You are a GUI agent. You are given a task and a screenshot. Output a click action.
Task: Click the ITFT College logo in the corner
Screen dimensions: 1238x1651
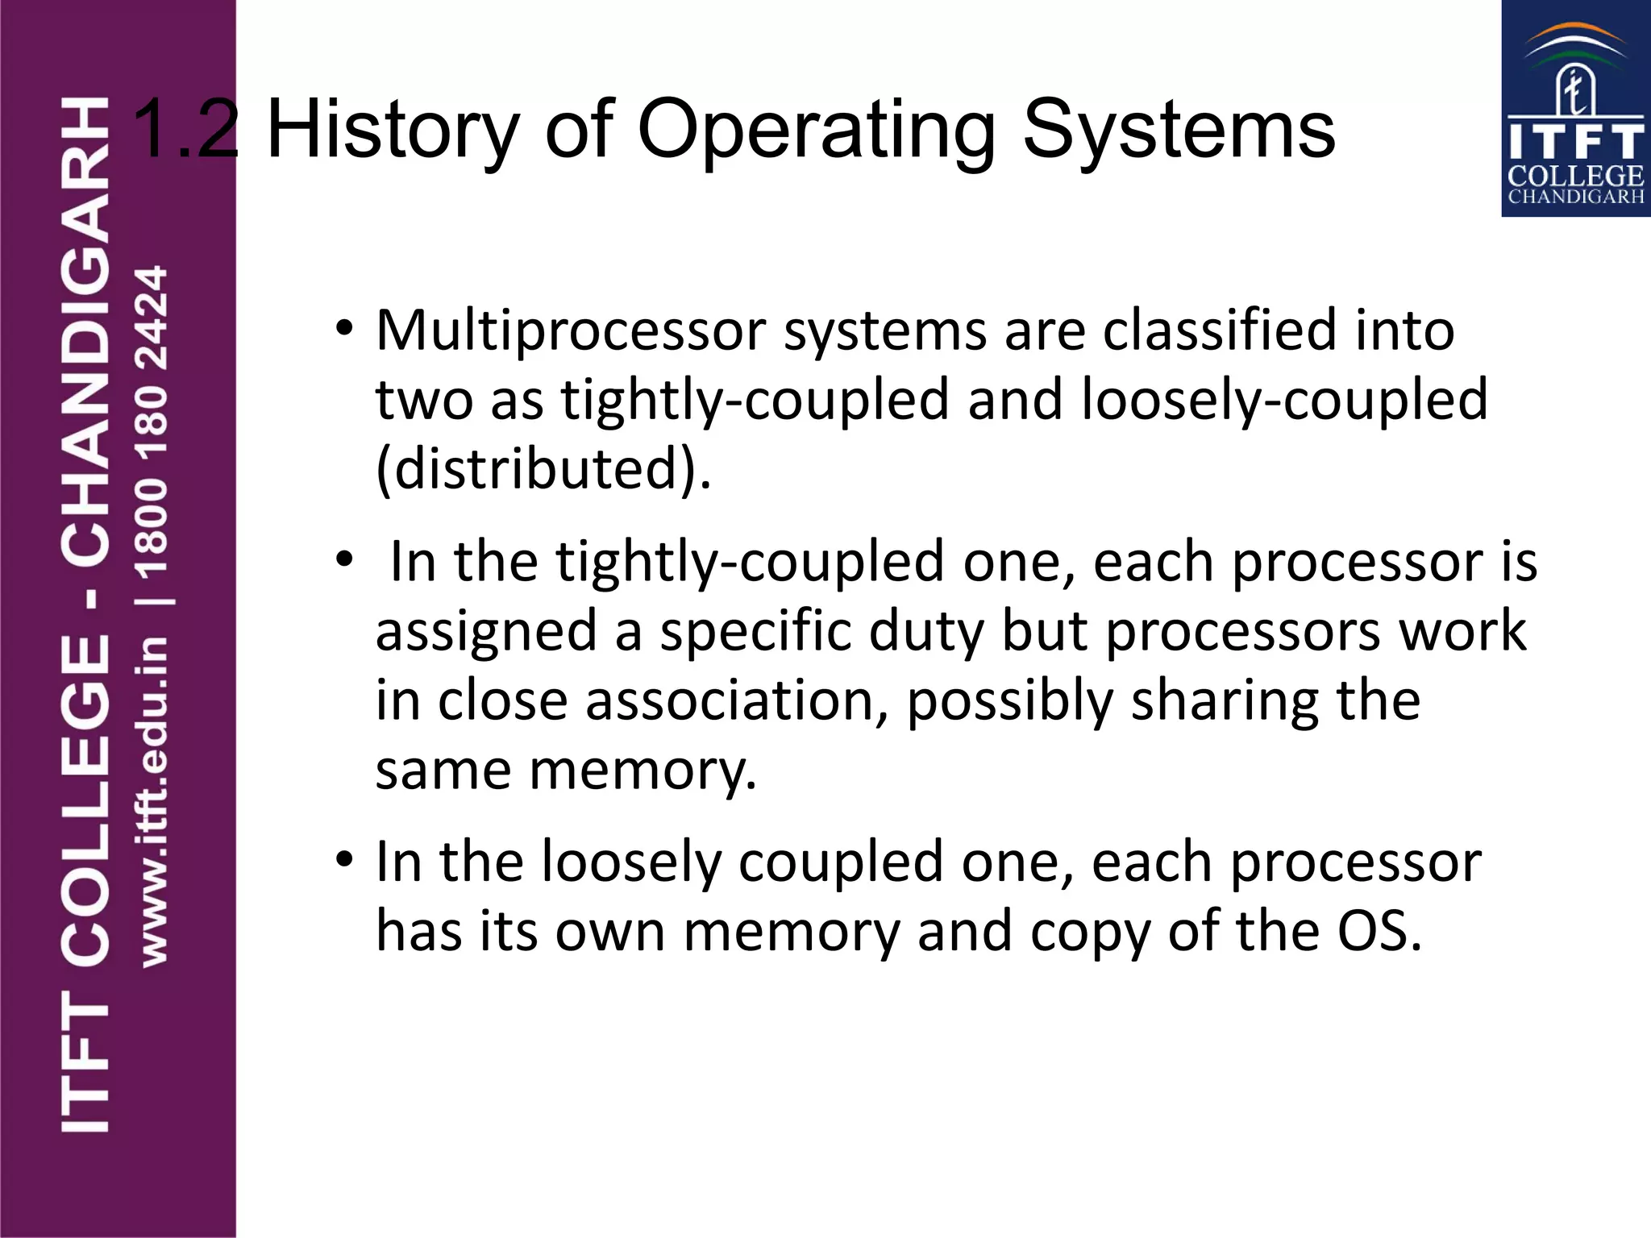(1575, 109)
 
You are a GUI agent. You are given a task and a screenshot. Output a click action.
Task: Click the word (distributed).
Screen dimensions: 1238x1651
(543, 469)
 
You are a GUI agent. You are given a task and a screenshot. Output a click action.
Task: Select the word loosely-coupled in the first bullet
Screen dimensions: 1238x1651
(1283, 401)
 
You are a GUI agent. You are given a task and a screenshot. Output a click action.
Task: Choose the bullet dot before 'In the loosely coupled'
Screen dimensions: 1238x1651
(344, 859)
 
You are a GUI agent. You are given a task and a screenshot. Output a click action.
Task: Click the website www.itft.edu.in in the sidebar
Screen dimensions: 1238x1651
(153, 802)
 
